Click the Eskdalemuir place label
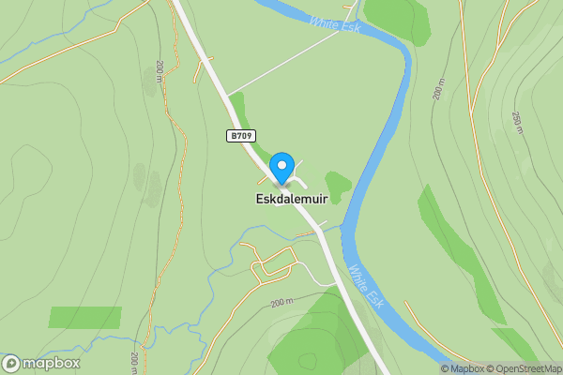pyautogui.click(x=291, y=200)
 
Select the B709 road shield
pyautogui.click(x=241, y=136)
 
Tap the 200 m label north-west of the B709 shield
pyautogui.click(x=160, y=71)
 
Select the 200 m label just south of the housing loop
pyautogui.click(x=281, y=303)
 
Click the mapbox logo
pyautogui.click(x=41, y=363)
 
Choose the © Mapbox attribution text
pyautogui.click(x=464, y=368)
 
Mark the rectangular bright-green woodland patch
pyautogui.click(x=84, y=317)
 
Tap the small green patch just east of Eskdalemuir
pyautogui.click(x=338, y=184)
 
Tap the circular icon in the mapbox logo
pyautogui.click(x=11, y=363)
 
